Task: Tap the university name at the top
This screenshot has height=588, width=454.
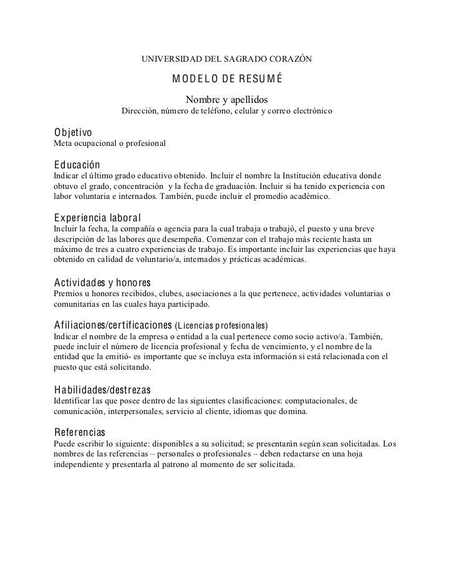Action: (x=227, y=59)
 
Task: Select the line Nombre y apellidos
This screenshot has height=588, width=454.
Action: (x=227, y=100)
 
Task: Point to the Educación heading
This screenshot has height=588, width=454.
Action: (x=77, y=165)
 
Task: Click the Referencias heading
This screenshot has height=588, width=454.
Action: (x=80, y=432)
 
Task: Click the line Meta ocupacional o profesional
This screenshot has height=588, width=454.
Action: (x=110, y=144)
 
